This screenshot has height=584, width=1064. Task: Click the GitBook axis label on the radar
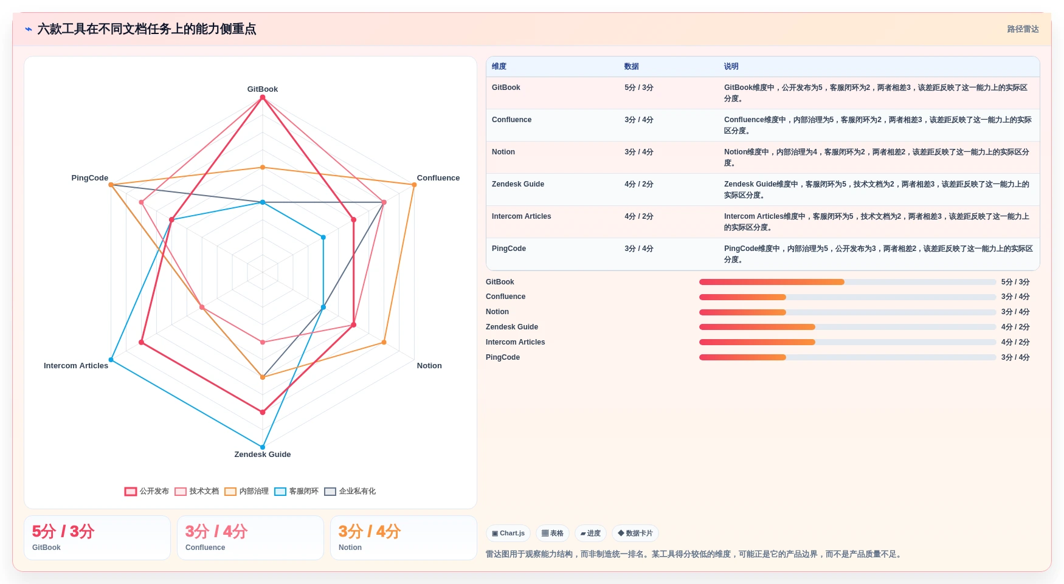(x=262, y=89)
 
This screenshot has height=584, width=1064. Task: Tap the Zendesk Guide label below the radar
(x=262, y=454)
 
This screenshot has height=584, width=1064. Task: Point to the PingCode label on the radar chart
(x=89, y=177)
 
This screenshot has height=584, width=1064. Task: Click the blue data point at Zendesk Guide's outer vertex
(x=263, y=447)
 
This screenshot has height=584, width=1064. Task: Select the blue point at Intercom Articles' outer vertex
(x=111, y=360)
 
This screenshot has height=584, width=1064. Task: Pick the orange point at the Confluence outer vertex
(x=414, y=185)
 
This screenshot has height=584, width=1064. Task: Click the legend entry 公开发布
(x=147, y=491)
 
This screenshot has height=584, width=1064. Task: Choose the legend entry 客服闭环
(x=296, y=491)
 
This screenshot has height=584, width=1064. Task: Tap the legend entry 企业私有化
(x=350, y=491)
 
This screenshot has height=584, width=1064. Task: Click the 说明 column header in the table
(x=731, y=66)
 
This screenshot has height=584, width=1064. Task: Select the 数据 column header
(x=631, y=66)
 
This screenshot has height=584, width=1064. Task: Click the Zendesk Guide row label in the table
(x=518, y=184)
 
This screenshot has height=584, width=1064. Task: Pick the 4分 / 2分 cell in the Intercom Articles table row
(x=638, y=216)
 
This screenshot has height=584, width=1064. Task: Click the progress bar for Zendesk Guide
(x=848, y=327)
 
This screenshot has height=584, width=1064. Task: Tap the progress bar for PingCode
(x=848, y=357)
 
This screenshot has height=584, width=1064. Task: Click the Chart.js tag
(x=508, y=534)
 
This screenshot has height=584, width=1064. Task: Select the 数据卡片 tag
(x=635, y=534)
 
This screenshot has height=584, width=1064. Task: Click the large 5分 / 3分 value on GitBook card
(x=63, y=531)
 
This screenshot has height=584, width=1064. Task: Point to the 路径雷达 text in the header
(x=1023, y=29)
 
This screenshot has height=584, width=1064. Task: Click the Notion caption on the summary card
(x=350, y=548)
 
